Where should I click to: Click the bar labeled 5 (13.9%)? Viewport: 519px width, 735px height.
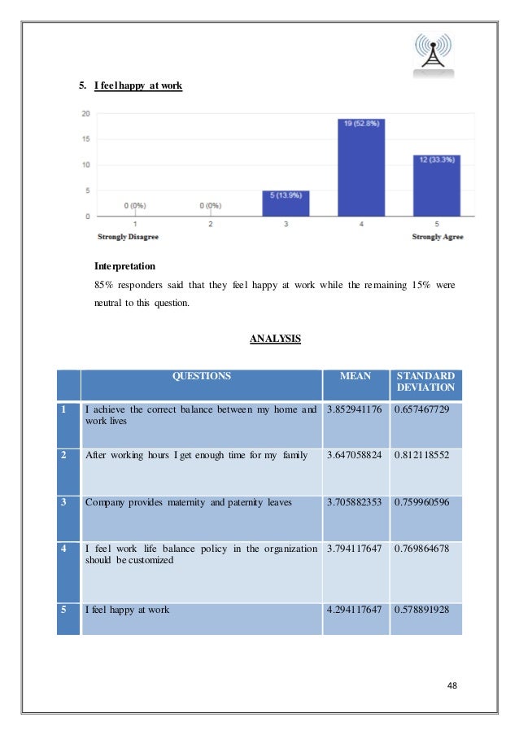point(286,203)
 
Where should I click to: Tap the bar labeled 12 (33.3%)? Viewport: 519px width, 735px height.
point(437,186)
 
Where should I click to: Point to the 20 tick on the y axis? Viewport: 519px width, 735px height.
point(85,114)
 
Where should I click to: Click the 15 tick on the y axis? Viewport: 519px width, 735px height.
point(85,139)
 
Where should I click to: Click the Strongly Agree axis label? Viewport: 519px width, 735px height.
point(437,237)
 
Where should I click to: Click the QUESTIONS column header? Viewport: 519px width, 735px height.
point(201,377)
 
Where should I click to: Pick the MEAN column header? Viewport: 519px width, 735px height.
point(355,377)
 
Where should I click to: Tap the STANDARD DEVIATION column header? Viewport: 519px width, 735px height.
point(425,382)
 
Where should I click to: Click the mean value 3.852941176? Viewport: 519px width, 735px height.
point(355,409)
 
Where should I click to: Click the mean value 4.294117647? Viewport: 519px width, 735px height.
point(355,609)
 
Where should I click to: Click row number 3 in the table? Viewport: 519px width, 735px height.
point(63,503)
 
